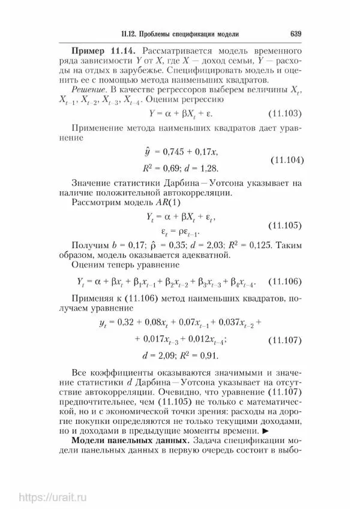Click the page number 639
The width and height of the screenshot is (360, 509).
coord(295,33)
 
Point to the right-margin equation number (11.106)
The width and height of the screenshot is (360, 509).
coord(286,282)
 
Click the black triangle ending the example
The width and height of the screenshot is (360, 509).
coord(265,431)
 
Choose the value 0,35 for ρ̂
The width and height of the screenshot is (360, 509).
coord(153,245)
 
